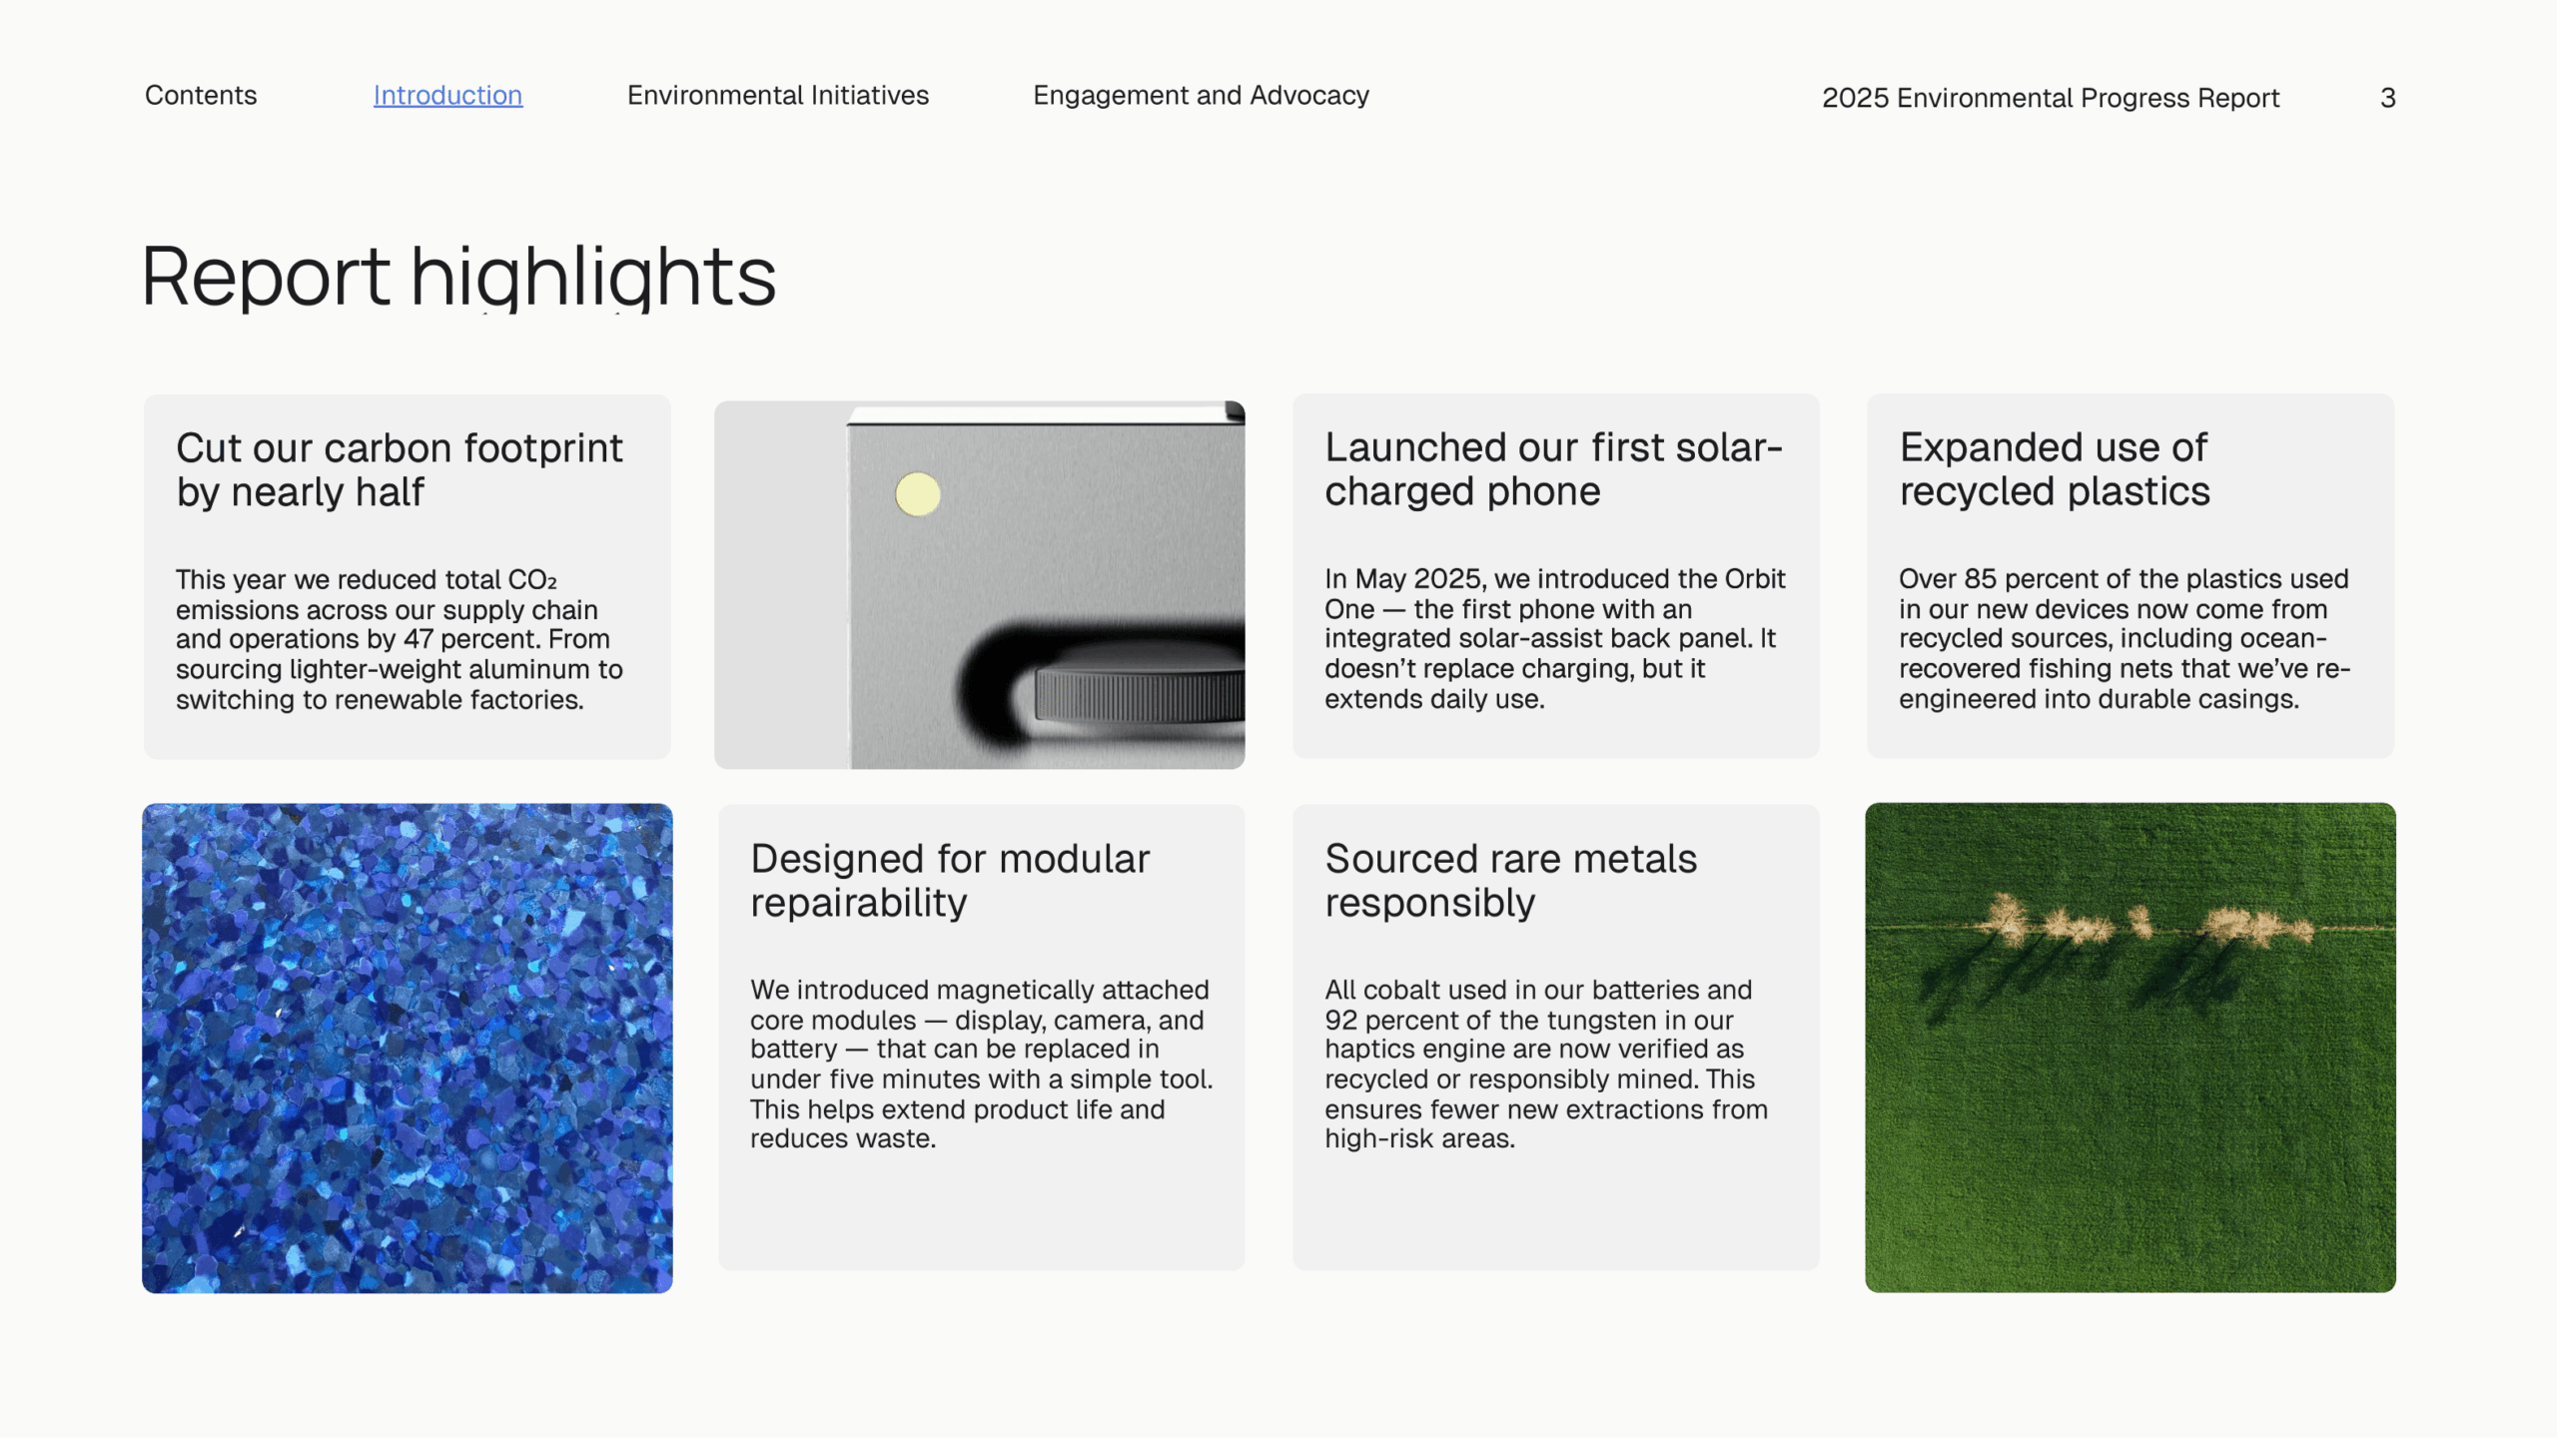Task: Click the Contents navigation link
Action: point(201,95)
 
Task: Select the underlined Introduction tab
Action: point(447,95)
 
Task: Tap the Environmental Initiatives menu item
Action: point(778,95)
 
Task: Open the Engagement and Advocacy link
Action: point(1201,95)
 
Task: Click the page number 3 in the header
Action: point(2388,98)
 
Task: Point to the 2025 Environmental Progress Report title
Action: point(2051,98)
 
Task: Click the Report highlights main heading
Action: point(459,277)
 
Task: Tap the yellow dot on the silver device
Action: point(918,494)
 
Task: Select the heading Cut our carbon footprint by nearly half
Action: point(400,469)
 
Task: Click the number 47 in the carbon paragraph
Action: point(419,639)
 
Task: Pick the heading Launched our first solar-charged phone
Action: point(1553,469)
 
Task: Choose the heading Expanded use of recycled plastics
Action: point(2055,469)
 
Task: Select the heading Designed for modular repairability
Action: point(950,881)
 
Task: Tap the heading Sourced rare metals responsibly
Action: point(1510,881)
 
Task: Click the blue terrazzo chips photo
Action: point(408,1048)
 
